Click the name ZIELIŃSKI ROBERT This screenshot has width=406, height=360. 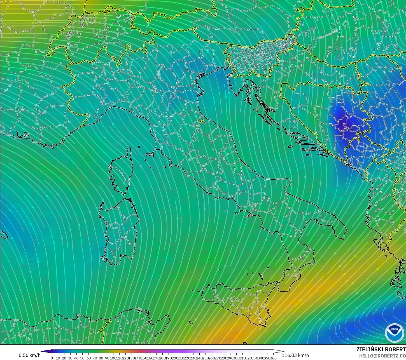coord(381,349)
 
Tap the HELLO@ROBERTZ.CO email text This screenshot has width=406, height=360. coord(382,356)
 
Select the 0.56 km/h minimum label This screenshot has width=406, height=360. coord(29,355)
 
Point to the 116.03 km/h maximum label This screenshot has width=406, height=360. coord(295,355)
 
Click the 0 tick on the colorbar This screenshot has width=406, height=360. coord(52,358)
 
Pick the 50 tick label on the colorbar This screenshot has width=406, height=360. coord(82,358)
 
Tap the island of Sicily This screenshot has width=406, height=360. coord(238,302)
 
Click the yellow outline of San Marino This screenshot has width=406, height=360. coord(202,121)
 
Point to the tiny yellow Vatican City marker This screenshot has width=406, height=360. coord(202,180)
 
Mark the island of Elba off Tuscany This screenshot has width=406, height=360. coord(150,154)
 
